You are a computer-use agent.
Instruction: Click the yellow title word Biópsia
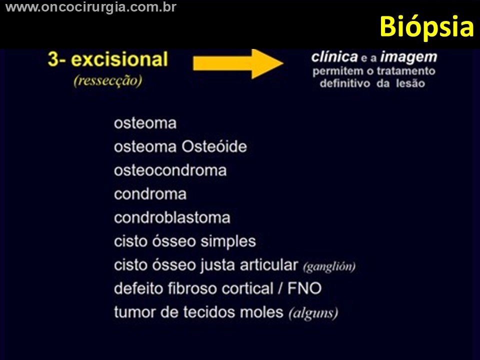426,27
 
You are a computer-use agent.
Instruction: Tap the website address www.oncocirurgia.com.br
91,6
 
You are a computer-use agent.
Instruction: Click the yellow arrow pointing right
238,63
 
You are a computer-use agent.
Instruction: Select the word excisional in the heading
119,59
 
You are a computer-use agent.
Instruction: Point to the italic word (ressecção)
108,80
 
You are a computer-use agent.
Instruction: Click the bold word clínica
334,57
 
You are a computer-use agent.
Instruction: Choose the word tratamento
406,71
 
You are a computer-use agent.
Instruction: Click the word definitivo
345,83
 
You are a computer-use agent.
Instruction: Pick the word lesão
410,83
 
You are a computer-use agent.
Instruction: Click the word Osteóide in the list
214,146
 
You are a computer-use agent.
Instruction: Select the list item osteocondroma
170,170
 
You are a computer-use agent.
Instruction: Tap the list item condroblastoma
172,217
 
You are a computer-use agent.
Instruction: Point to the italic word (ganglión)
329,267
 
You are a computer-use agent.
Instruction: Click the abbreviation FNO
304,288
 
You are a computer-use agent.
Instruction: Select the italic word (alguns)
313,313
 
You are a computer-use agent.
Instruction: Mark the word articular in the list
269,265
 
